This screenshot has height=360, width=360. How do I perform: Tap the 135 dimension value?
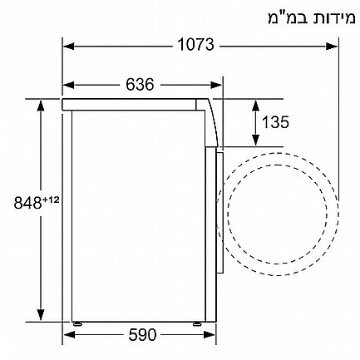click(x=275, y=122)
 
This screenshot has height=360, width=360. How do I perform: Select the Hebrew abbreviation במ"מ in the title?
click(x=282, y=17)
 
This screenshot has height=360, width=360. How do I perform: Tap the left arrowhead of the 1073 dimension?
click(x=68, y=46)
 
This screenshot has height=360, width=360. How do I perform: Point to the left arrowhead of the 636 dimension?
click(x=68, y=84)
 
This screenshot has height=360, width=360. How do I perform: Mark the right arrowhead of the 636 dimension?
click(x=217, y=84)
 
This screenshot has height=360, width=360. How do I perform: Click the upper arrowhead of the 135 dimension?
click(x=255, y=103)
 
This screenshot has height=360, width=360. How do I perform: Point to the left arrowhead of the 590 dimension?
click(x=68, y=335)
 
